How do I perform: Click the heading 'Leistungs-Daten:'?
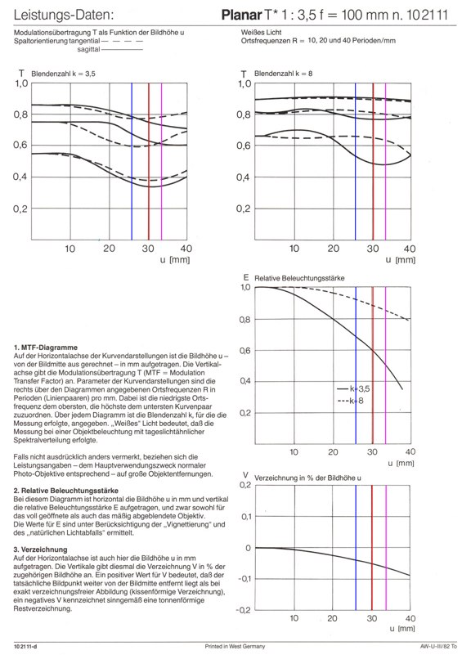(x=64, y=15)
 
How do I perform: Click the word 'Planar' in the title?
(x=241, y=16)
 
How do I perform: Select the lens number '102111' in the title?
(x=427, y=16)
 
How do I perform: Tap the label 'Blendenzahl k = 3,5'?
(x=63, y=74)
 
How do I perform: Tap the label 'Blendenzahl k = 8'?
(x=283, y=74)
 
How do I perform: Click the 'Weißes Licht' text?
(x=261, y=32)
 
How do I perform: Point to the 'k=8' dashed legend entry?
(x=350, y=401)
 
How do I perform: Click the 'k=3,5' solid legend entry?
(x=353, y=389)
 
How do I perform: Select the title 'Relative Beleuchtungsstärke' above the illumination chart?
(x=299, y=278)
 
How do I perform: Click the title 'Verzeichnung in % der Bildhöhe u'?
(x=307, y=478)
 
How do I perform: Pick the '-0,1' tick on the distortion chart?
(x=244, y=579)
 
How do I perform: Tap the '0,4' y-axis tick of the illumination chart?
(x=245, y=381)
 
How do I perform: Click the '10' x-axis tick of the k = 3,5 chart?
(x=70, y=249)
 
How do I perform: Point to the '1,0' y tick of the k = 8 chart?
(x=244, y=84)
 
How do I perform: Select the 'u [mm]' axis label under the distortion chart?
(x=401, y=628)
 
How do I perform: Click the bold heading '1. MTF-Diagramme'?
(x=46, y=348)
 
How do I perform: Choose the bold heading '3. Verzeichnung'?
(x=40, y=550)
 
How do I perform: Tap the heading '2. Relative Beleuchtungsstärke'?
(x=66, y=491)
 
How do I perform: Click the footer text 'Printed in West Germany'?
(x=235, y=647)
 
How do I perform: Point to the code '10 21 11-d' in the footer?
(x=25, y=647)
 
